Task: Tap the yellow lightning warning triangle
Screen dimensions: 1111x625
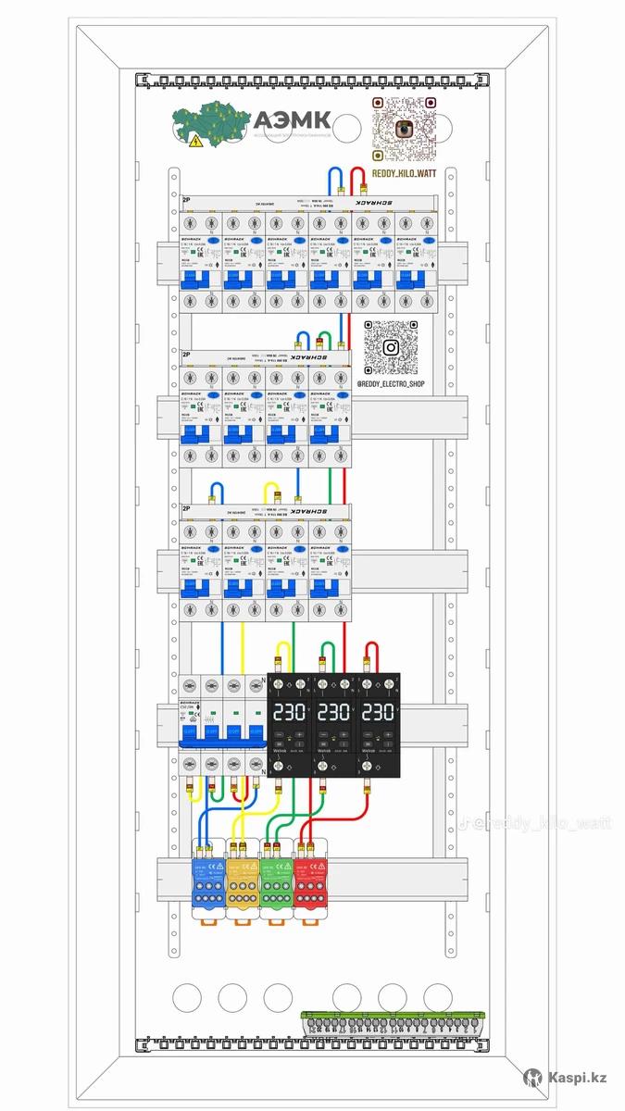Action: click(195, 142)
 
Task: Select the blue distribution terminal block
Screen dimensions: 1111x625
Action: click(208, 880)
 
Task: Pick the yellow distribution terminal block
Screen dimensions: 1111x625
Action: click(243, 880)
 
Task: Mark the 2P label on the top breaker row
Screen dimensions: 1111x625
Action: click(187, 200)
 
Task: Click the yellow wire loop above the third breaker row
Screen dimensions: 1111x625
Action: click(271, 492)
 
